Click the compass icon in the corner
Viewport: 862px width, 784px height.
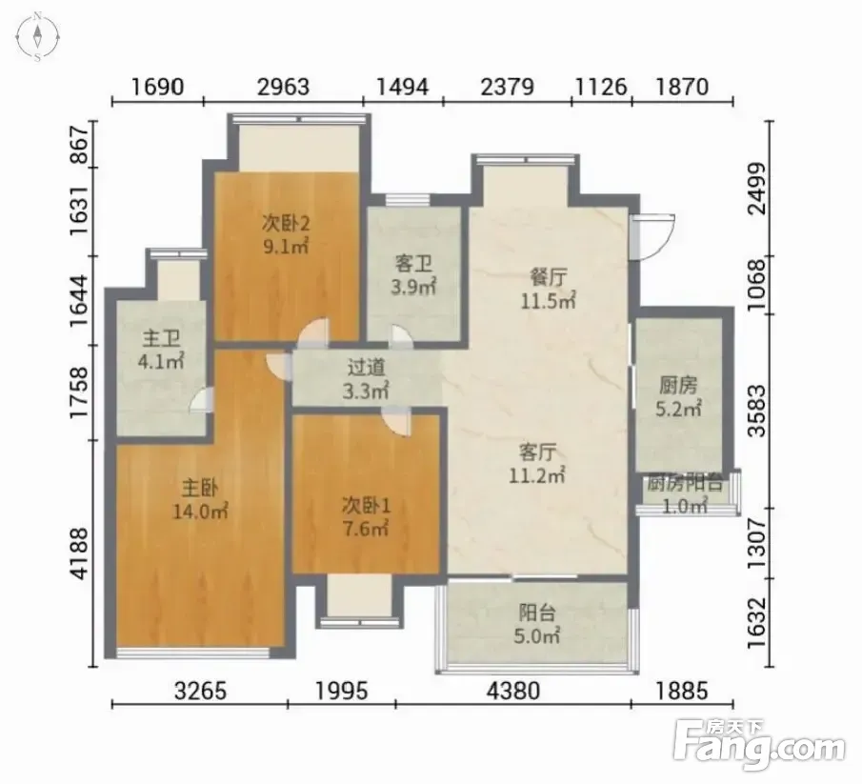37,37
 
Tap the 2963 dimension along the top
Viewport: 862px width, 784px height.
284,87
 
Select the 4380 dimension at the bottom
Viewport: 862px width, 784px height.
513,690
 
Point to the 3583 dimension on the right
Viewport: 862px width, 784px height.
757,411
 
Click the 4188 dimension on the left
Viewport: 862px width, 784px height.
80,553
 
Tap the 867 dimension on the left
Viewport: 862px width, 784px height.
80,144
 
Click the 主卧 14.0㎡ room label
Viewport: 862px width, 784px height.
200,500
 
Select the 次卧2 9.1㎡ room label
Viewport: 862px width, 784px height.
286,234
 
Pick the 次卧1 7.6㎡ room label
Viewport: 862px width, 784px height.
366,516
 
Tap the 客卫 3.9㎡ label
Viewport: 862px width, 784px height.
413,275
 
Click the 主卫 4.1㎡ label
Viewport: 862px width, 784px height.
161,349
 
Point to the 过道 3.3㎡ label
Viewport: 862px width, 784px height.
366,379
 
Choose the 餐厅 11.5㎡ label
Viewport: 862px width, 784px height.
548,288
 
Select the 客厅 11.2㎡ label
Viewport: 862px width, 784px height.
537,464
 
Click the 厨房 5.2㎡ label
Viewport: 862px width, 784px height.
678,396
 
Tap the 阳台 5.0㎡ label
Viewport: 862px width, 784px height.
537,624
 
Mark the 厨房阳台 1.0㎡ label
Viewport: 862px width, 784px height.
685,494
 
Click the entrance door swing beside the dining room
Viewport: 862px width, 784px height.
652,237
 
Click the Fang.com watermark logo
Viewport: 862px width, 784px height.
759,744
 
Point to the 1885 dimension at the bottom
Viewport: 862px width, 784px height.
681,690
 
